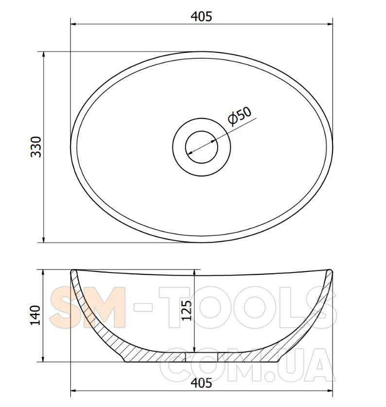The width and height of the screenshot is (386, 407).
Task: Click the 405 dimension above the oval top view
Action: (201, 17)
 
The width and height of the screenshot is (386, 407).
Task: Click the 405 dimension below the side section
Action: (201, 383)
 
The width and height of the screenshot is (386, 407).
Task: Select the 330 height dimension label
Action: (36, 147)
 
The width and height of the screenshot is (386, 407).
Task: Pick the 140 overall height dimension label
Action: (35, 315)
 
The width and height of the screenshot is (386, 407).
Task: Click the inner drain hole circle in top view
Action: (202, 147)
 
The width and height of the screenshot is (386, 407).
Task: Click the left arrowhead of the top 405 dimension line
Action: (73, 24)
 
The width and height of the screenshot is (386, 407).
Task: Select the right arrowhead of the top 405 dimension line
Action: (330, 24)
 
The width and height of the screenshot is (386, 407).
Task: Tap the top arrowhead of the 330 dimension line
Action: (43, 54)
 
